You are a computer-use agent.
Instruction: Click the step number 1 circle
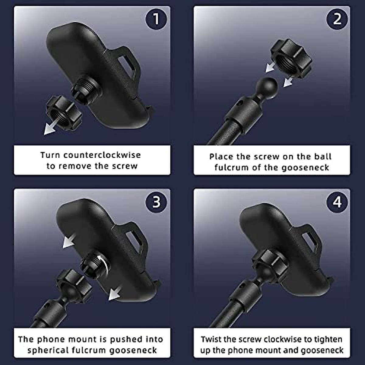click(156, 19)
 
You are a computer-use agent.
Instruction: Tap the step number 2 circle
click(337, 19)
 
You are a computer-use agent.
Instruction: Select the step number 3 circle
click(156, 202)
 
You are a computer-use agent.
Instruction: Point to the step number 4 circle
click(337, 202)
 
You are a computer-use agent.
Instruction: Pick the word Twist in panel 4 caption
click(210, 339)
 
